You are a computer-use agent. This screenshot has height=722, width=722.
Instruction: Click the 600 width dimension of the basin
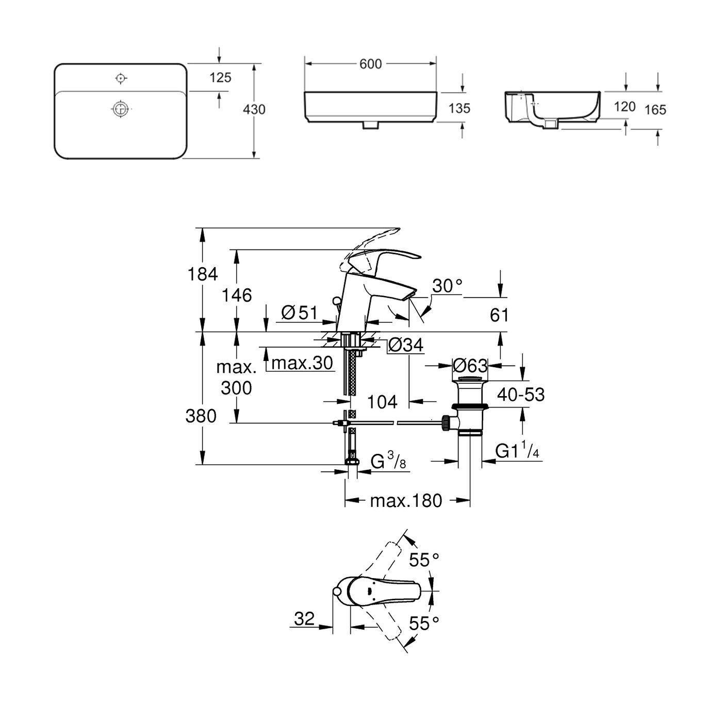tap(370, 63)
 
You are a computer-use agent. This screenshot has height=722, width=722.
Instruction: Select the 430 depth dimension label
tap(254, 109)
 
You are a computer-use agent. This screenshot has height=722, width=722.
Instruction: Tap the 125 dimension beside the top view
tap(220, 78)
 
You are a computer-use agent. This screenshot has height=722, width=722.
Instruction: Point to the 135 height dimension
tap(460, 108)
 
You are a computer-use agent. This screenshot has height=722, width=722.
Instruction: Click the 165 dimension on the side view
tap(655, 109)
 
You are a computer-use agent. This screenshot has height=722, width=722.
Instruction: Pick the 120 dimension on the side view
tap(625, 107)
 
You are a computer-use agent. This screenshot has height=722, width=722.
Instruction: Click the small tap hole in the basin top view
tap(121, 78)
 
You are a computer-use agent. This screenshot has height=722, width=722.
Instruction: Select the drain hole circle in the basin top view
tap(120, 109)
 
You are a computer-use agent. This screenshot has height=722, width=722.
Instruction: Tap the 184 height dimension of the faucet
tap(202, 274)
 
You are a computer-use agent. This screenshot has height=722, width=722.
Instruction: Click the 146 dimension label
tap(237, 296)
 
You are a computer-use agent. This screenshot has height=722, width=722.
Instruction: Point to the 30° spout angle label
tap(447, 286)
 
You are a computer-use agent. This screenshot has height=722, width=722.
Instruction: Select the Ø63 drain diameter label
tap(469, 366)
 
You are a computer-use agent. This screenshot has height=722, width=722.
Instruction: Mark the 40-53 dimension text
tap(521, 395)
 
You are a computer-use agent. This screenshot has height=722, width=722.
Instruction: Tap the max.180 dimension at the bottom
tap(406, 500)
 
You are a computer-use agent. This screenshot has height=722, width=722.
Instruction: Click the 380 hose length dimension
tap(201, 416)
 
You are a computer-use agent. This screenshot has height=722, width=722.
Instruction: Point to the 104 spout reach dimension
tap(383, 402)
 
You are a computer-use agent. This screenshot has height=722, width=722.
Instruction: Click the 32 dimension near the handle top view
tap(304, 619)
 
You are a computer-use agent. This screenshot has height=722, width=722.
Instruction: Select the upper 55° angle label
tap(424, 560)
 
